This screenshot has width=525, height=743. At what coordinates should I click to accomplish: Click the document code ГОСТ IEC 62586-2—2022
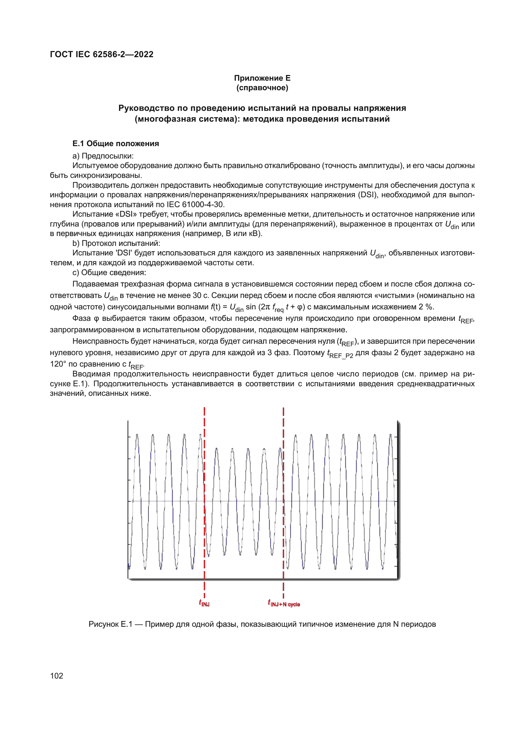click(102, 54)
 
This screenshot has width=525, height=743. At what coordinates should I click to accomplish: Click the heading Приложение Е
click(262, 78)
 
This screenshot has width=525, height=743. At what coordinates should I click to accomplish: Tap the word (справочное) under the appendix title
click(262, 88)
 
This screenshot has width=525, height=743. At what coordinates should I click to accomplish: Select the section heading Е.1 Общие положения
click(116, 143)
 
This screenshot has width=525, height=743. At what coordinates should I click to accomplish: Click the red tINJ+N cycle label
click(283, 603)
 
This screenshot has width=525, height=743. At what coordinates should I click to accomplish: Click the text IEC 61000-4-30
click(195, 205)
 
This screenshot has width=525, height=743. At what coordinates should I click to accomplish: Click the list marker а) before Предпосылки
click(76, 156)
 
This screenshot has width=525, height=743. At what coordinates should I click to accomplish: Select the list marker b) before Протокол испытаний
click(76, 243)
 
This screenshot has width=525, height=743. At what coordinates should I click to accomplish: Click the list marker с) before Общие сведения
click(76, 273)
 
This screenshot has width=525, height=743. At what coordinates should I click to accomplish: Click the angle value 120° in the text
click(58, 364)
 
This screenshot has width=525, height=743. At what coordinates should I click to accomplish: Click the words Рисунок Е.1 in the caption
click(110, 624)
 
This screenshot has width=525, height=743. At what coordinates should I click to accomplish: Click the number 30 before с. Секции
click(197, 295)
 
